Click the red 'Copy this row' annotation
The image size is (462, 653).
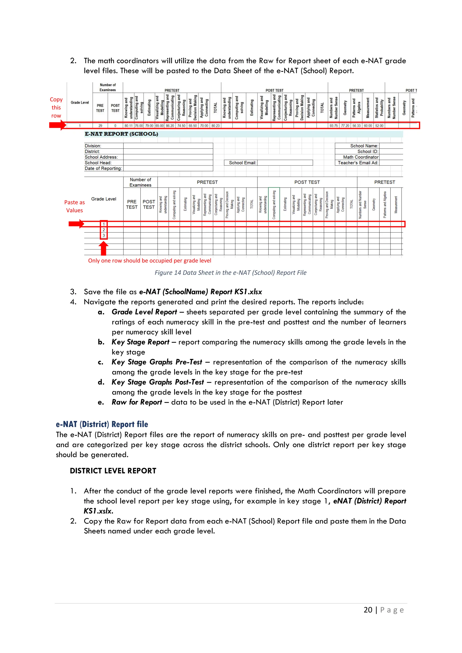(x=56, y=108)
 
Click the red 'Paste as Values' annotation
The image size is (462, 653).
(x=74, y=206)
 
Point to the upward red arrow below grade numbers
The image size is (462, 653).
(x=104, y=248)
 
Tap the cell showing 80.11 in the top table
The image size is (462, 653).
(x=128, y=126)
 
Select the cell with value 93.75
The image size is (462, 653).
(x=333, y=126)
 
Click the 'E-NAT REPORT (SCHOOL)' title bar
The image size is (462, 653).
(x=121, y=134)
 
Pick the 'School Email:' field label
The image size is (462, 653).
(x=242, y=163)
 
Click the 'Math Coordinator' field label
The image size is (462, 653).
(x=360, y=157)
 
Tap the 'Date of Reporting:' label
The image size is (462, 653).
(x=103, y=168)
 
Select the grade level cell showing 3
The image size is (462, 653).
(x=104, y=235)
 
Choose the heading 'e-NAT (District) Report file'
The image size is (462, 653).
(x=102, y=424)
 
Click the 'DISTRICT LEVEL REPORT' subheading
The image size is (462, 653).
(x=113, y=471)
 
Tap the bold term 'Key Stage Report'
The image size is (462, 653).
(x=140, y=342)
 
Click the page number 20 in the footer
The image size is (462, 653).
(x=368, y=610)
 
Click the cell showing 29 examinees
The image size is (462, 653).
(x=100, y=126)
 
